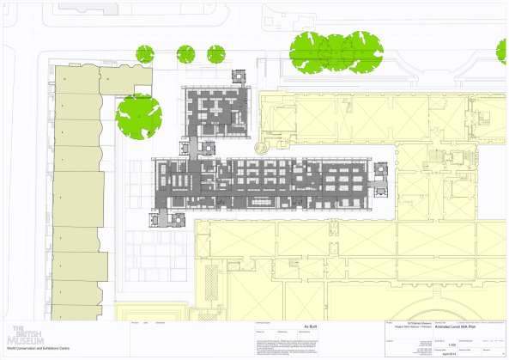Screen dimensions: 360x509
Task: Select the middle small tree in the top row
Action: pyautogui.click(x=185, y=54)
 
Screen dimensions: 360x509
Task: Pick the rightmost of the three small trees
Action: pyautogui.click(x=215, y=54)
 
